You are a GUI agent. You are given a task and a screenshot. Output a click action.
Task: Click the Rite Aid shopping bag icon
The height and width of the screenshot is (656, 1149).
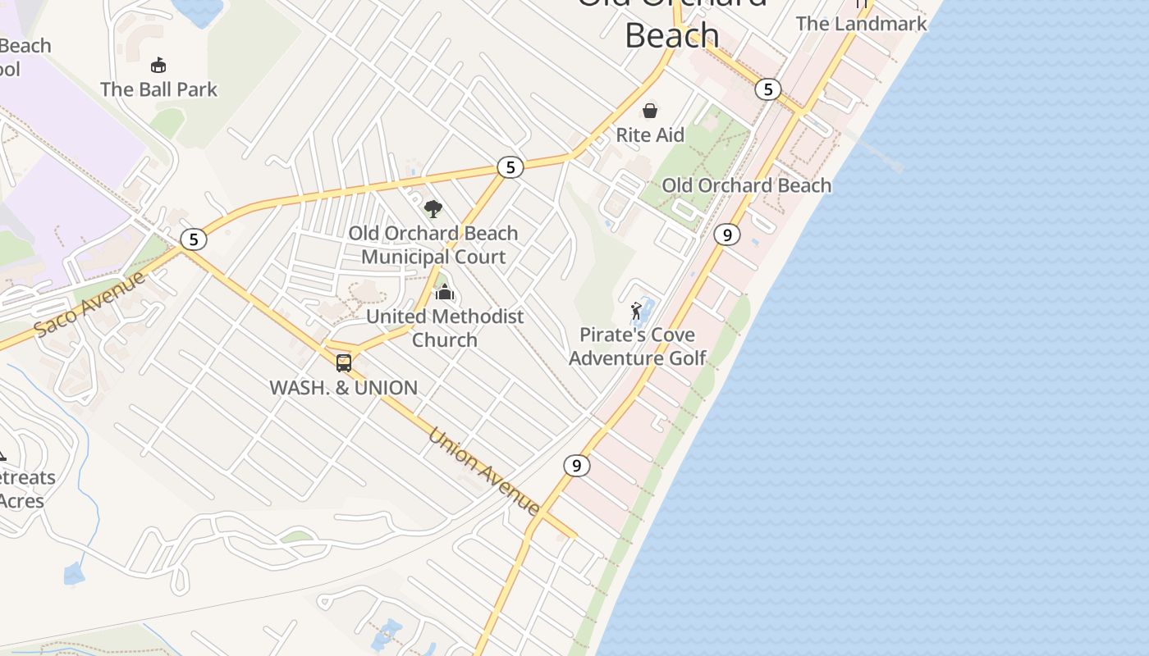650,110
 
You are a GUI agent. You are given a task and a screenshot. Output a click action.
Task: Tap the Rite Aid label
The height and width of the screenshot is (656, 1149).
650,134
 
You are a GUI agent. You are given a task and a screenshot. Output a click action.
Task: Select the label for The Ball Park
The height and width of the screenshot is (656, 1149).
158,89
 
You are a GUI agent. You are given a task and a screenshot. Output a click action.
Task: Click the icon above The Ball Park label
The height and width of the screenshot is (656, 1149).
158,65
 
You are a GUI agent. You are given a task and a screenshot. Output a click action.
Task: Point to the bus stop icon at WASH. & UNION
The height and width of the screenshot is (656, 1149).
344,362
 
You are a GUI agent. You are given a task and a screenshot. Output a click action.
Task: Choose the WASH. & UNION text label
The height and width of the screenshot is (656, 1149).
344,387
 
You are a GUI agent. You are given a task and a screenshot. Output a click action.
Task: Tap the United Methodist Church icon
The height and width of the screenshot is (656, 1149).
444,292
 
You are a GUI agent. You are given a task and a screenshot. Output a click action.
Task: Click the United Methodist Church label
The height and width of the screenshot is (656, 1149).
445,327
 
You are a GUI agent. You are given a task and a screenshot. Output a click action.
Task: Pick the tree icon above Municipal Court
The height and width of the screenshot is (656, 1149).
433,209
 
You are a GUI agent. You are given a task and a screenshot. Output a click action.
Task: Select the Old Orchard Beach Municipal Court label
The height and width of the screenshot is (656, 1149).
433,244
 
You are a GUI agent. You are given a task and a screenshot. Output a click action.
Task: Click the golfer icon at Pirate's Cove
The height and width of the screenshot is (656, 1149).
636,311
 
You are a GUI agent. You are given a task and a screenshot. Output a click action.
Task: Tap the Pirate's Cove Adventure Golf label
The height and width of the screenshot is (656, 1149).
637,346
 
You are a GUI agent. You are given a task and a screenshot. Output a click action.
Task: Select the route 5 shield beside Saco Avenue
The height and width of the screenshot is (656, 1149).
194,239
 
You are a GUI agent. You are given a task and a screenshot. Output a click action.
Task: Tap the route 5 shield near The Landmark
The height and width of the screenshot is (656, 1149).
768,89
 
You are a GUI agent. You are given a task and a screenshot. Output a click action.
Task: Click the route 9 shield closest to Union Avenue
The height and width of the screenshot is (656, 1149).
577,466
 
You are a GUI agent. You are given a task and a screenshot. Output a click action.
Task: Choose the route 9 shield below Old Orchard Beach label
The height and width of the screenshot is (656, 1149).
726,235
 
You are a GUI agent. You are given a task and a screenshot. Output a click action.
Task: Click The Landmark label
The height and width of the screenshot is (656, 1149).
861,23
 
